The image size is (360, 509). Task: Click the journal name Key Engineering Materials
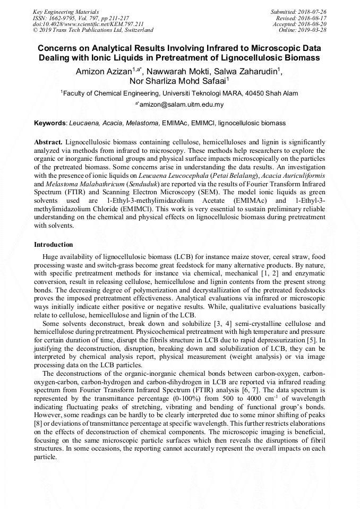(x=59, y=11)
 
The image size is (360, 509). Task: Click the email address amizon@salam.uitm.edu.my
(x=182, y=105)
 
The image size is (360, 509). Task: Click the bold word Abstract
(x=48, y=143)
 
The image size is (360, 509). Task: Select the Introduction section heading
(x=54, y=245)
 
